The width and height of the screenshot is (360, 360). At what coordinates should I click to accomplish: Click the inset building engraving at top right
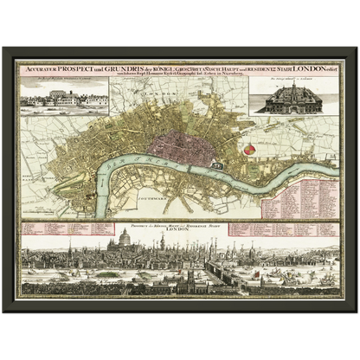292,100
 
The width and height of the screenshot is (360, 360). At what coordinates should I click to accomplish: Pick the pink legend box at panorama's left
64,228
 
